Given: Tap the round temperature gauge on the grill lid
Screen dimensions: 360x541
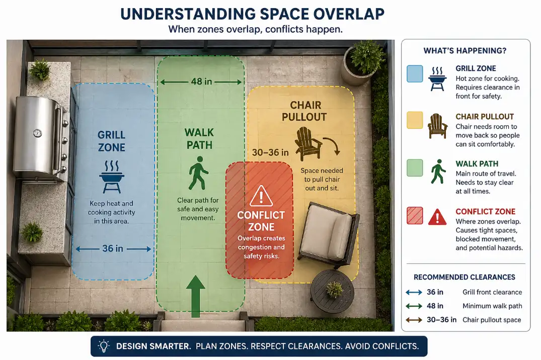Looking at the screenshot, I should click(38, 133).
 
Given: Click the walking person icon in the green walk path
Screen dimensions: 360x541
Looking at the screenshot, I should click(198, 172).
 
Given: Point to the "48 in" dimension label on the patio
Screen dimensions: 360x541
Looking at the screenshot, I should click(201, 81).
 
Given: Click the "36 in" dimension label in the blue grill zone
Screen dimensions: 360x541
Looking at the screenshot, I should click(112, 248).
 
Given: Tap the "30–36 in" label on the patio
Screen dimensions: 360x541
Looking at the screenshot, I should click(270, 152).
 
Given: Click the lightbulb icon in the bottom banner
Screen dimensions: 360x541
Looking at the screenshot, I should click(104, 346).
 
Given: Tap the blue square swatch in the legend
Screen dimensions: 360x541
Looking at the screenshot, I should click(415, 74).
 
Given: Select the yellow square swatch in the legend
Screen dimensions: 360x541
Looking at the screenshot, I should click(415, 121).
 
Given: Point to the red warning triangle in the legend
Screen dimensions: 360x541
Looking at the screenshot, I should click(437, 217).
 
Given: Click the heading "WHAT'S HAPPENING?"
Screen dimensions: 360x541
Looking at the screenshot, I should click(465, 51).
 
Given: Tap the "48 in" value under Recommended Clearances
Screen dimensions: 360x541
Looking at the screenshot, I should click(435, 306).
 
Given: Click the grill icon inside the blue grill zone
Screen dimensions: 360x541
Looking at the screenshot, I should click(112, 176).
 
